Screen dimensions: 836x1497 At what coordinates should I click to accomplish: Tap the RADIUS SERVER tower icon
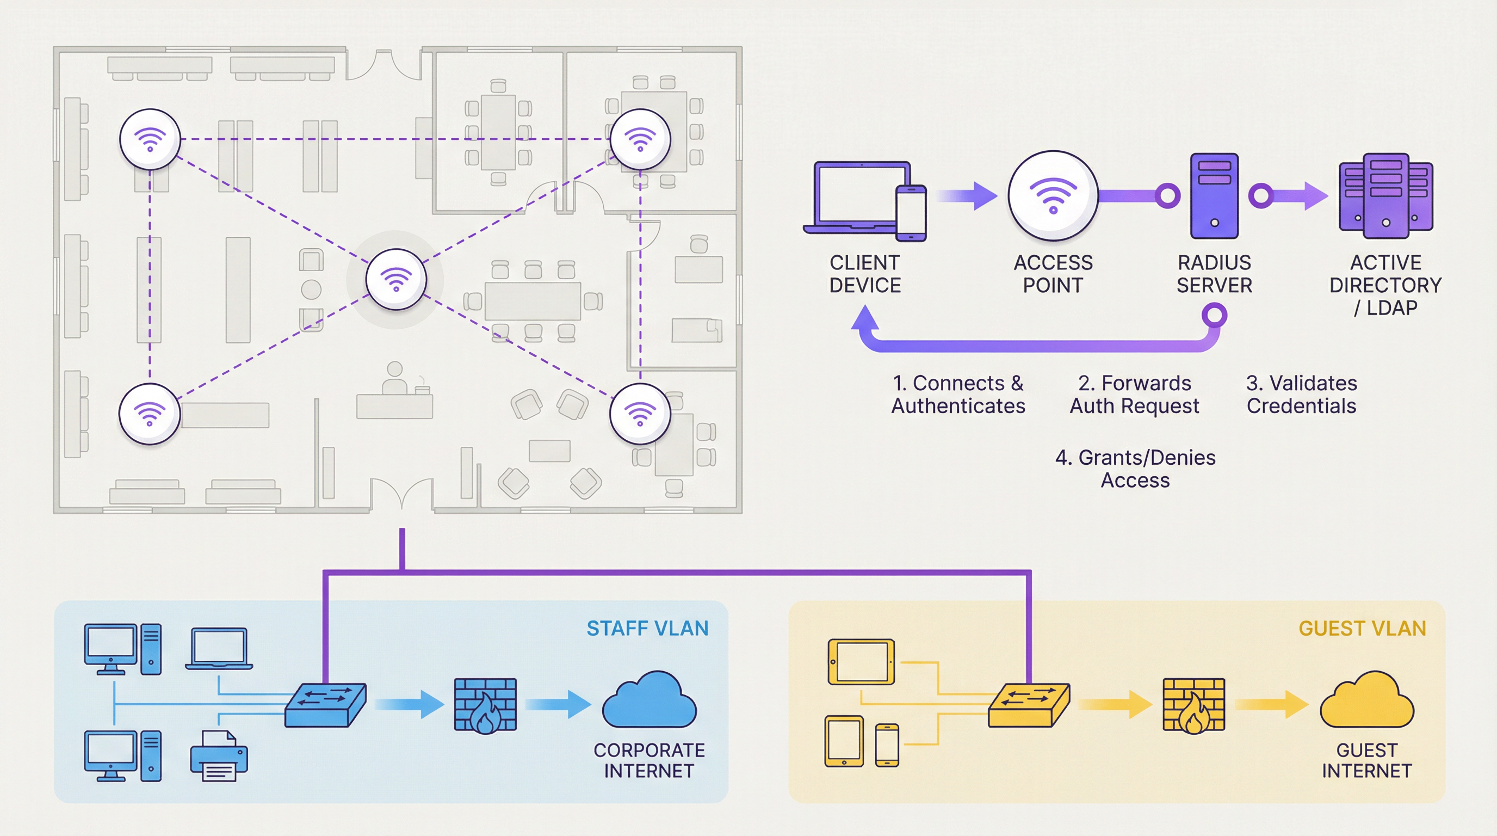[x=1214, y=196]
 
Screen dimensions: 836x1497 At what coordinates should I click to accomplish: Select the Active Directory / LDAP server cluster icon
[x=1386, y=196]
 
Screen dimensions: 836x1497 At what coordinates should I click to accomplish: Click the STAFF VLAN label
[x=647, y=629]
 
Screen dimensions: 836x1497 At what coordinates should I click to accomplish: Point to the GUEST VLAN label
[x=1362, y=629]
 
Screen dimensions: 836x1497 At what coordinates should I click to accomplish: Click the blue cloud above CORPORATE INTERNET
[x=648, y=701]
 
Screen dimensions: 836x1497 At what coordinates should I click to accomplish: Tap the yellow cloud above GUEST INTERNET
[x=1366, y=701]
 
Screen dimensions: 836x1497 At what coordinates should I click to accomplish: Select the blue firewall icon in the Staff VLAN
[x=485, y=705]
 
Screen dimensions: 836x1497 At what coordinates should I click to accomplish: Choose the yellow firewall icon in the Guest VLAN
[x=1193, y=705]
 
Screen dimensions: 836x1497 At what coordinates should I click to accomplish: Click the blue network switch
[x=325, y=705]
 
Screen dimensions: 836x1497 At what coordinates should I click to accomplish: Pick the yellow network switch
[x=1029, y=705]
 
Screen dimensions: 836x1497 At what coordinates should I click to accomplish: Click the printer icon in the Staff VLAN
[x=219, y=757]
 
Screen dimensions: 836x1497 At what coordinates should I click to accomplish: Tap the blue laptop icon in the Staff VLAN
[x=219, y=649]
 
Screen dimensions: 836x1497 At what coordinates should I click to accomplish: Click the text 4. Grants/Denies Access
[x=1135, y=469]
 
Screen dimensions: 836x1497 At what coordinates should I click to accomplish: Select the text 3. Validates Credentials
[x=1301, y=394]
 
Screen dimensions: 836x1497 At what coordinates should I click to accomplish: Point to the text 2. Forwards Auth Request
[x=1134, y=394]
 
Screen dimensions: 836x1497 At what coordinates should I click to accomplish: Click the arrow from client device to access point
[x=968, y=196]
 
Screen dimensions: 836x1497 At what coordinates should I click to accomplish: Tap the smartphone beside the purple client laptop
[x=911, y=213]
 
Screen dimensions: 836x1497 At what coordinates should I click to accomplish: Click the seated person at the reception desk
[x=394, y=378]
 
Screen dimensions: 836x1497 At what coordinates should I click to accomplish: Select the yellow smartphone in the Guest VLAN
[x=887, y=745]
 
